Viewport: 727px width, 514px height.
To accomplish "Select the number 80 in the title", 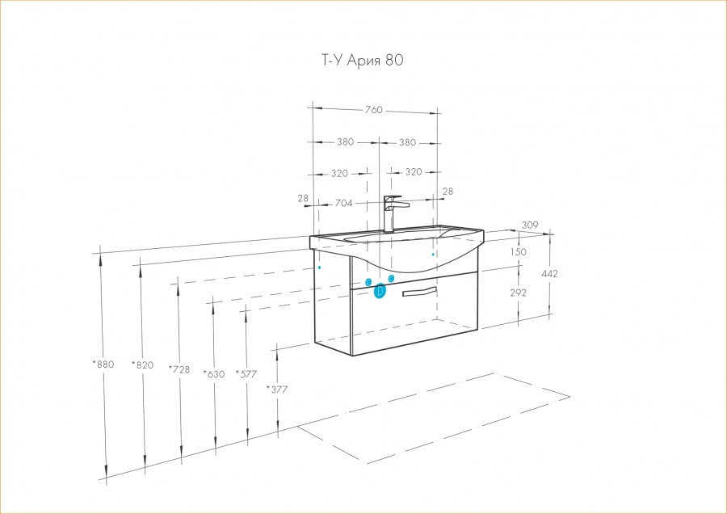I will click(394, 60).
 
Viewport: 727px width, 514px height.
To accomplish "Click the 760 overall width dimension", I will click(372, 110).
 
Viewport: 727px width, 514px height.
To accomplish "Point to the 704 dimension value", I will click(343, 204).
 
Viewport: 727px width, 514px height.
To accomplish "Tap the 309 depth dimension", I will click(530, 225).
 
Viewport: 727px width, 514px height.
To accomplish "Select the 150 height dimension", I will click(518, 252).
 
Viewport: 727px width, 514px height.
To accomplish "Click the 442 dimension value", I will click(549, 274).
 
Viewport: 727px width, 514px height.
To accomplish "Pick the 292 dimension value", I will click(518, 293).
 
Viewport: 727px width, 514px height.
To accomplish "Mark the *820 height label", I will click(142, 365).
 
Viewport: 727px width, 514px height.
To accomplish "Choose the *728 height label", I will click(179, 369).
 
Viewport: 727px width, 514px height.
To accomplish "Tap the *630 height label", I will click(213, 373).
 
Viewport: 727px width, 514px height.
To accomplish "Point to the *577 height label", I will click(246, 373).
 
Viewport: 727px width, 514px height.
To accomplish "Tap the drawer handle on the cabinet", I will click(419, 291).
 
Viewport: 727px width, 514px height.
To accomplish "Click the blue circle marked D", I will click(380, 291).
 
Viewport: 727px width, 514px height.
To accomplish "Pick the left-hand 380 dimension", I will click(345, 142).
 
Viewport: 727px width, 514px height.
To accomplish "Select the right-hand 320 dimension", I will click(414, 172).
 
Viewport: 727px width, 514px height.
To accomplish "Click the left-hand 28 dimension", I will click(303, 198).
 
